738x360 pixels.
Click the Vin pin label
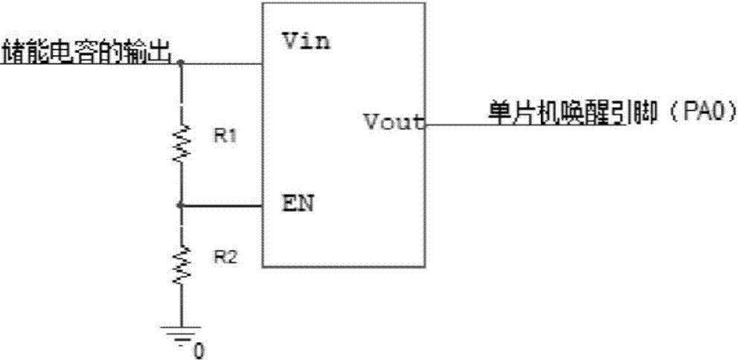tap(306, 43)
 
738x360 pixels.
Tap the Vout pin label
tap(395, 123)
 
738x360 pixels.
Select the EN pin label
tap(297, 205)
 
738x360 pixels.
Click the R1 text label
tap(225, 138)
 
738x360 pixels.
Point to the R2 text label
tap(225, 257)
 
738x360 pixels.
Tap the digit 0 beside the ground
tap(199, 351)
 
